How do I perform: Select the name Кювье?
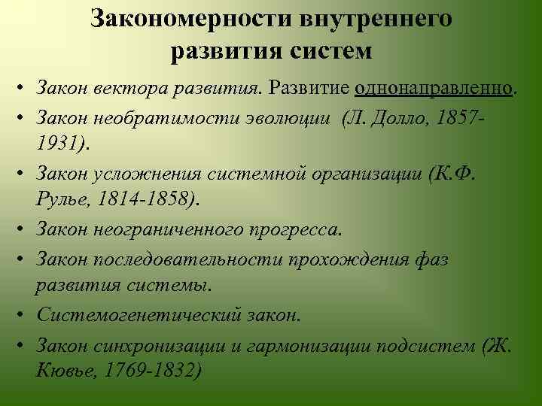coord(62,371)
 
